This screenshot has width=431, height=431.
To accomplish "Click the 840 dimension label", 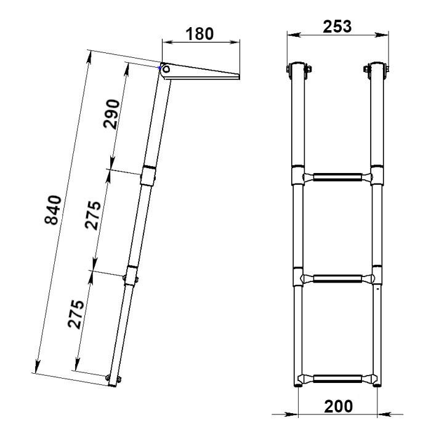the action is [x=53, y=210].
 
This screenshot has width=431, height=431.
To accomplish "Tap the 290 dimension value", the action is [x=111, y=114].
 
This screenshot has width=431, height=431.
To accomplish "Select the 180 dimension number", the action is [x=199, y=34].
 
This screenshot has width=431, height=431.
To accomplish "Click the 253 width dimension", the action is [x=337, y=26].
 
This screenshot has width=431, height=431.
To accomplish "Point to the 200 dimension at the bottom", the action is [x=339, y=406].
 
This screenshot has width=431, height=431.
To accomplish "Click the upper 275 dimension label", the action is [x=93, y=215].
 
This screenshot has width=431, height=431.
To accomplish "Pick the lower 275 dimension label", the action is [x=76, y=315].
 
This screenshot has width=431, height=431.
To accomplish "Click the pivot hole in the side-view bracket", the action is [x=166, y=69].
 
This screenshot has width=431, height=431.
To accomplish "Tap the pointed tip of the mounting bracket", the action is [x=239, y=76].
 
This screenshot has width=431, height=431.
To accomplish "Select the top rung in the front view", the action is [x=337, y=177].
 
